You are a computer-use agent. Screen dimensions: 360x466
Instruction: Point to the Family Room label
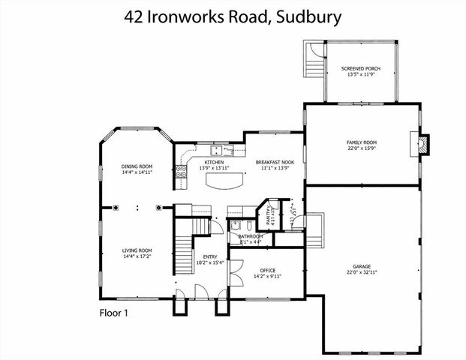tap(361, 142)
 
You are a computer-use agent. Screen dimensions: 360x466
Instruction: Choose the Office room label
tap(268, 270)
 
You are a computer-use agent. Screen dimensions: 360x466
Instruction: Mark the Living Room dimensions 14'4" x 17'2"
tap(137, 256)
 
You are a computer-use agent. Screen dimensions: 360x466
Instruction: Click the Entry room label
tap(210, 256)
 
